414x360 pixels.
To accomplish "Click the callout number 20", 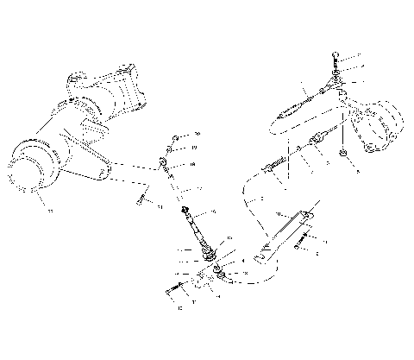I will pyautogui.click(x=197, y=135).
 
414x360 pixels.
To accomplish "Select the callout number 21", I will pyautogui.click(x=160, y=205).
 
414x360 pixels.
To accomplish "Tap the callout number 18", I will pyautogui.click(x=192, y=163).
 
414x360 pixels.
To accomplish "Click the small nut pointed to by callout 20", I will pyautogui.click(x=175, y=136).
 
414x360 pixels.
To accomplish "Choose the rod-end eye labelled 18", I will pyautogui.click(x=165, y=161).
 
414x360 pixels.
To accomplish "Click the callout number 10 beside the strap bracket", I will pyautogui.click(x=278, y=212).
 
